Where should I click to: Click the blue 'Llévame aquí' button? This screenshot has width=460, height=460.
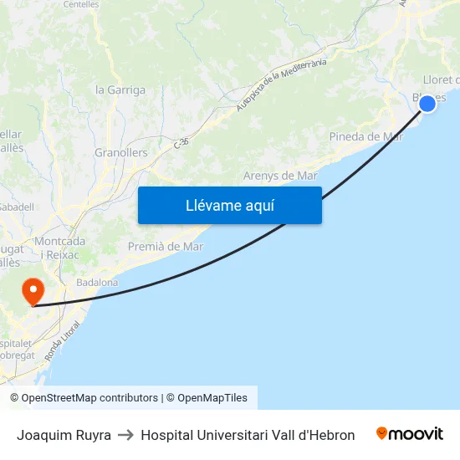tap(229, 205)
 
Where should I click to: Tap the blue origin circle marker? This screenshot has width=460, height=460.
tap(427, 103)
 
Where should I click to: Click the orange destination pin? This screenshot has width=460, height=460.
tap(33, 292)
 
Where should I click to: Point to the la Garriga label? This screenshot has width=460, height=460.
tap(120, 90)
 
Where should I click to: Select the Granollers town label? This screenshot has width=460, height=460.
tap(120, 153)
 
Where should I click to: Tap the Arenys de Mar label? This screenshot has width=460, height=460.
tap(280, 176)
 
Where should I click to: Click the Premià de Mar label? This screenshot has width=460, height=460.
tap(166, 247)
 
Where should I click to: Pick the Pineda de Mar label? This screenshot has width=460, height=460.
tap(366, 136)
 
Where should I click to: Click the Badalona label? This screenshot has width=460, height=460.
tap(97, 283)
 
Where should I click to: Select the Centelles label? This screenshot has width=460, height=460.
tap(80, 4)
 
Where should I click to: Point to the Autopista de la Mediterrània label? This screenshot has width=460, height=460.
tap(280, 84)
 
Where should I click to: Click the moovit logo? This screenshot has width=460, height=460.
tap(410, 434)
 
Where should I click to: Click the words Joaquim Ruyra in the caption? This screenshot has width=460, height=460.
tap(64, 435)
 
